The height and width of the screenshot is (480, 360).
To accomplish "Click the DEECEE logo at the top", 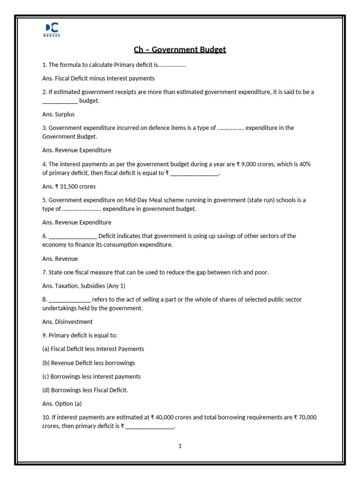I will pos(52,29).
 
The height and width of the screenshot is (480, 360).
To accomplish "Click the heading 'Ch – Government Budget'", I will pos(180,50).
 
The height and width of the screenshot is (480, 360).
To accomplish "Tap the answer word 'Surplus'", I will pos(65,114).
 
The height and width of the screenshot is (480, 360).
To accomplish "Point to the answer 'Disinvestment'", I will pos(74,322).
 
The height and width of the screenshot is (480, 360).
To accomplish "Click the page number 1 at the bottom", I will pos(180,446).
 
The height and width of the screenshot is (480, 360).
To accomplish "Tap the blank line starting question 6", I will pos(73,236).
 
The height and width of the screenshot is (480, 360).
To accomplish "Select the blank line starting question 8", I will pos(69,300).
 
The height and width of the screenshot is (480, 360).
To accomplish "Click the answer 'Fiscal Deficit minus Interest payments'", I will pos(105,78).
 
